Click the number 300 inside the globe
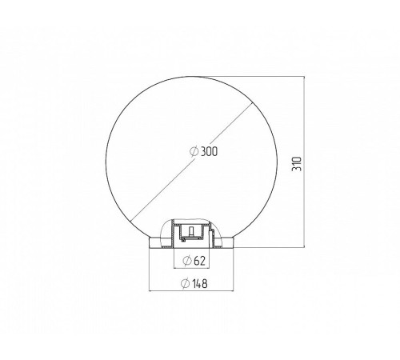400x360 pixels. (209, 151)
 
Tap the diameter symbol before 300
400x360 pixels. (194, 151)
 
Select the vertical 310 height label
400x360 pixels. (297, 164)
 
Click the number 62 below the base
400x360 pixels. (200, 261)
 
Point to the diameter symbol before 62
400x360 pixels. (187, 261)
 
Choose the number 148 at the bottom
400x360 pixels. (200, 283)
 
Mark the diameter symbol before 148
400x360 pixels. (186, 283)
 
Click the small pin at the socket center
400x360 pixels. (191, 231)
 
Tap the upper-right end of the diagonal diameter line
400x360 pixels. (252, 102)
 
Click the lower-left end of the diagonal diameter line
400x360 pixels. (130, 222)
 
